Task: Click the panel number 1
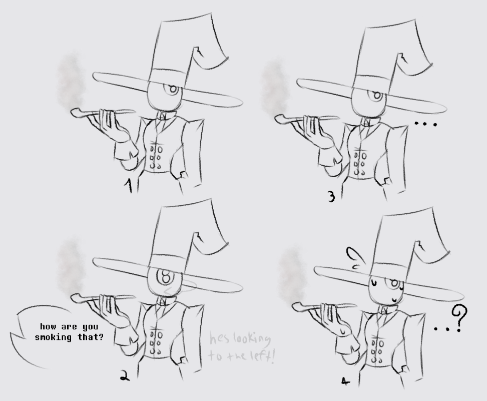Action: point(129,185)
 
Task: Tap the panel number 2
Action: point(125,377)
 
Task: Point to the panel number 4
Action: point(345,381)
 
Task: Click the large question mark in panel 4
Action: point(459,318)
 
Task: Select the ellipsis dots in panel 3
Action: point(426,124)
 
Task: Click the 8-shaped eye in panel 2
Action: point(165,276)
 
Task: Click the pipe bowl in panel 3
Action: point(281,119)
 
